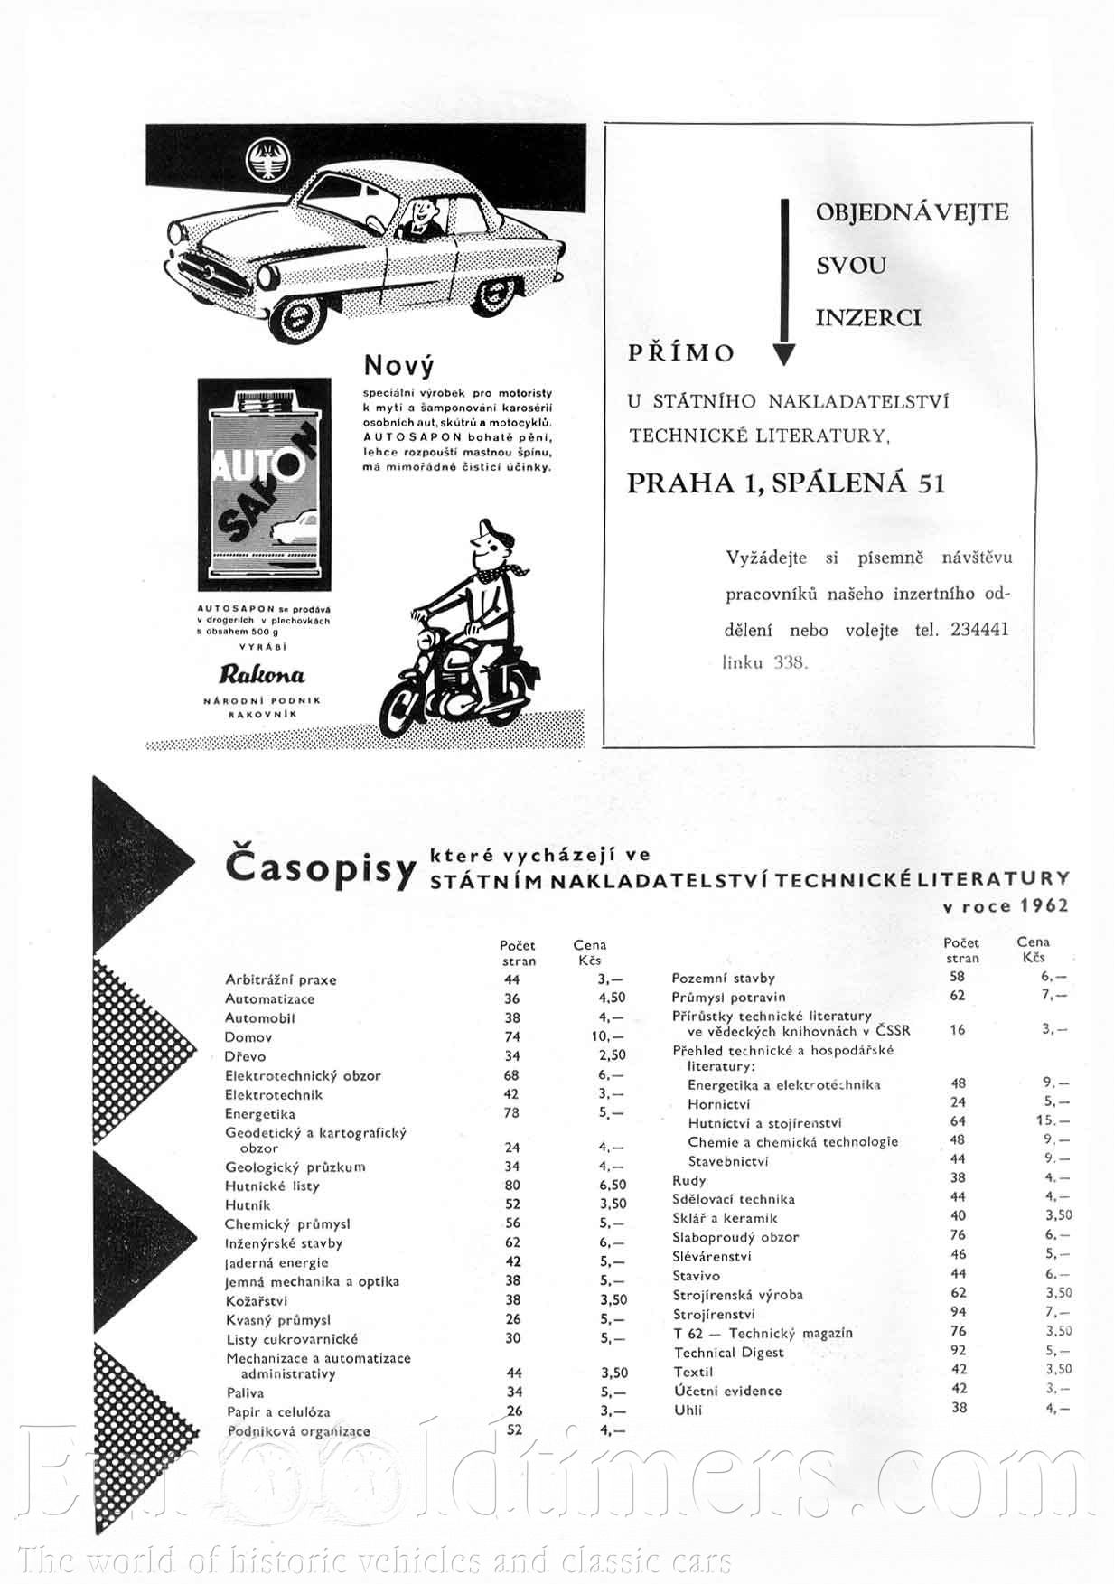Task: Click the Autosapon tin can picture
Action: pyautogui.click(x=264, y=484)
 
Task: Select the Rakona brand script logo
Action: pyautogui.click(x=262, y=674)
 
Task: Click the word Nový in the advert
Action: pyautogui.click(x=398, y=366)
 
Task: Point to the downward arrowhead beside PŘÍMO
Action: pyautogui.click(x=784, y=354)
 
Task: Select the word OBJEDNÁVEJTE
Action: pyautogui.click(x=912, y=213)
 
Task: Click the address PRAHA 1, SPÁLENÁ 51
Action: pyautogui.click(x=786, y=483)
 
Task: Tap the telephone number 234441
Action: pyautogui.click(x=979, y=630)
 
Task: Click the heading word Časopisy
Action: pyautogui.click(x=320, y=868)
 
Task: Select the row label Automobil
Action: pyautogui.click(x=260, y=1017)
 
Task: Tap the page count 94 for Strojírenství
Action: pyautogui.click(x=958, y=1312)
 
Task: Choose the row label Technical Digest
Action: pyautogui.click(x=728, y=1353)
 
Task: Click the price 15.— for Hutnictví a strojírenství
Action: pyautogui.click(x=1053, y=1121)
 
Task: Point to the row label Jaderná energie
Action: pyautogui.click(x=276, y=1262)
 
